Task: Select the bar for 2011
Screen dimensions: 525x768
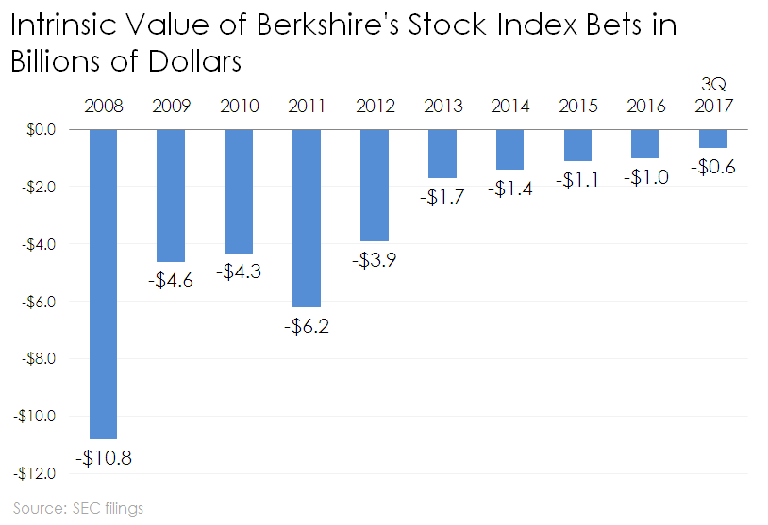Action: coord(307,218)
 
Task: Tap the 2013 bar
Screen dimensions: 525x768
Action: coord(442,153)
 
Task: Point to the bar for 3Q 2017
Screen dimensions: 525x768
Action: coord(713,139)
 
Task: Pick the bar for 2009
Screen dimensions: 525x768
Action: coord(170,195)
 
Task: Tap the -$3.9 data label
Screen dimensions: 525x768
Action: coord(375,261)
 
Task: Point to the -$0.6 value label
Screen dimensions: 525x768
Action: coord(713,167)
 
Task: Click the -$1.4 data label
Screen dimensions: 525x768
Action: coord(510,189)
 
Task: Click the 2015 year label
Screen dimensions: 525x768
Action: coord(577,106)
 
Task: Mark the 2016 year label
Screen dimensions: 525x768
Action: coord(645,106)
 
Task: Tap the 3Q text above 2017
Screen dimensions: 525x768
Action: coord(714,84)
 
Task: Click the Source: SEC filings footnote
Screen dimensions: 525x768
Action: coord(78,509)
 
